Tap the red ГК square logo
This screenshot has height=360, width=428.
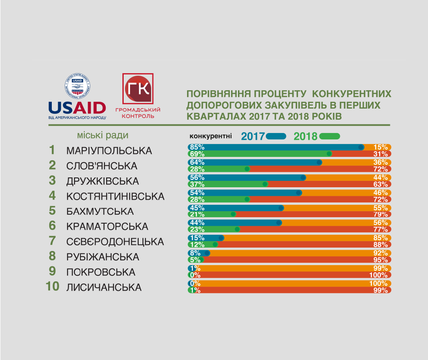click(138, 89)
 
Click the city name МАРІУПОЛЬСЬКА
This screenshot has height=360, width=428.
click(109, 151)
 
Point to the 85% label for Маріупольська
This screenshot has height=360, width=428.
click(196, 147)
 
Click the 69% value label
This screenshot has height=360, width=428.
click(196, 154)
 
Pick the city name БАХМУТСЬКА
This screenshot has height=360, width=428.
click(100, 212)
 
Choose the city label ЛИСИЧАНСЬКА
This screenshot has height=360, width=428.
click(104, 287)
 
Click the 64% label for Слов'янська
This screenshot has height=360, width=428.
click(196, 162)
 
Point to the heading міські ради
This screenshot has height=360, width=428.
click(103, 136)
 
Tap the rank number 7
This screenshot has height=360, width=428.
click(52, 241)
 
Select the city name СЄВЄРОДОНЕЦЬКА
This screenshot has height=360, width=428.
click(115, 242)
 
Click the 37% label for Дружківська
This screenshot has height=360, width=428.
click(196, 184)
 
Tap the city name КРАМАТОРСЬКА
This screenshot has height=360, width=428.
click(107, 227)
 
